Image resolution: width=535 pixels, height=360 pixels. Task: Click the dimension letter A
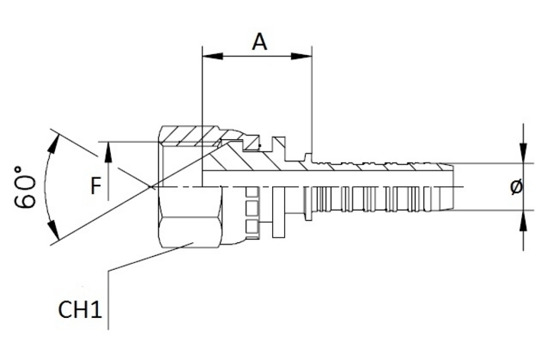[x=260, y=42]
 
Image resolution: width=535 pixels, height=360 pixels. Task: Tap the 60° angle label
[x=25, y=187]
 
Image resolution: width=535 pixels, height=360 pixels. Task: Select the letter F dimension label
[x=96, y=186]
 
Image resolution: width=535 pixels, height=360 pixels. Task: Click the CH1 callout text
[x=80, y=310]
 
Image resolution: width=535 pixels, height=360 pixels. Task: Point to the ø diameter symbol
[x=517, y=187]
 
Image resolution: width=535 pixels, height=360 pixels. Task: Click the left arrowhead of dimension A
[x=212, y=57]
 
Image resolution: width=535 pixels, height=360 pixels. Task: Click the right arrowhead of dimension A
[x=301, y=57]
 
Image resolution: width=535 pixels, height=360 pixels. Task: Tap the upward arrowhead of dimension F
[x=109, y=152]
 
